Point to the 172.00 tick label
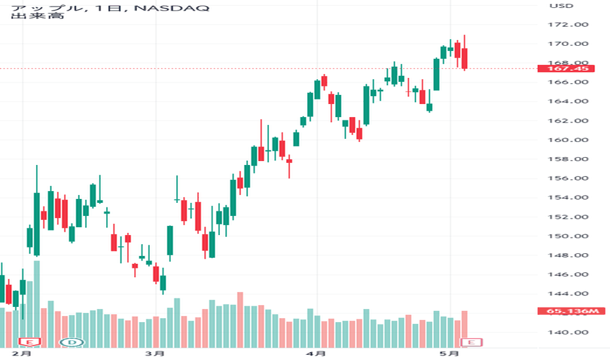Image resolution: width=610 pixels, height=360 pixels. pos(568,24)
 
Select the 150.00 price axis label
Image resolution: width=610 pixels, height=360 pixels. pos(568,236)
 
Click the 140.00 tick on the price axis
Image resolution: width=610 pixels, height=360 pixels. pos(568,333)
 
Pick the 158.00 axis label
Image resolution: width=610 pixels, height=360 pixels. pos(568,159)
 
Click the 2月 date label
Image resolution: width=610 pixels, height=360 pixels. pos(22,353)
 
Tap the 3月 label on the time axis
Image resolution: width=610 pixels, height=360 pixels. pos(154,353)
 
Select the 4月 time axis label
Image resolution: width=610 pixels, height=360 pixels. pos(315,353)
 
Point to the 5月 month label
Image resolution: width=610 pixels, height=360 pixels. pos(449,353)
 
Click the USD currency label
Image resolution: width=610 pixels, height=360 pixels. pos(562,6)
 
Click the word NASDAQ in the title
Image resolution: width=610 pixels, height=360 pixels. pos(171,8)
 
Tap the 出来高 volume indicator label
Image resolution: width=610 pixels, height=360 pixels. pos(37,16)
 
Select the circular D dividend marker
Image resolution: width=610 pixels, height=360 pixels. pos(72,342)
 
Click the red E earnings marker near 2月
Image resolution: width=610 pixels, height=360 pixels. pos(30,342)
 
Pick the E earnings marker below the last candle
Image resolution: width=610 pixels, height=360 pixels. pos(471,342)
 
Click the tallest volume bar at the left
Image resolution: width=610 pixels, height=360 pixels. pos(37,304)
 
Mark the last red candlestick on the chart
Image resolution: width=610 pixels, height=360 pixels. pos(465,58)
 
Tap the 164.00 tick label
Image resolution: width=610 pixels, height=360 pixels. pos(568,101)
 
